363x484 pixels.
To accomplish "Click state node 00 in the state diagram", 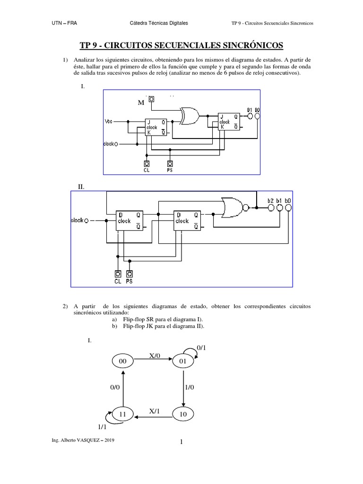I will point(123,361).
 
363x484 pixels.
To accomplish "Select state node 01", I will point(183,362).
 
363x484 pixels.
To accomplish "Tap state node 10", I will point(183,414).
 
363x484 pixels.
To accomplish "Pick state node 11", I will point(123,414).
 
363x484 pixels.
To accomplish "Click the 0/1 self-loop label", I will point(201,347).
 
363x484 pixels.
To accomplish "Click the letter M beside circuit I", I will point(140,103).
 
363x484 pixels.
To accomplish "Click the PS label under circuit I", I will point(170,171).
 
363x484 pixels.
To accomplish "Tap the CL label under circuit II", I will point(118,281).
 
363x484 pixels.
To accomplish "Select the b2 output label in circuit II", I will point(270,200).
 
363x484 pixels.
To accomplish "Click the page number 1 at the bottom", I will point(181,442).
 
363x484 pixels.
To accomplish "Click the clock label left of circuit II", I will point(77,220).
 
